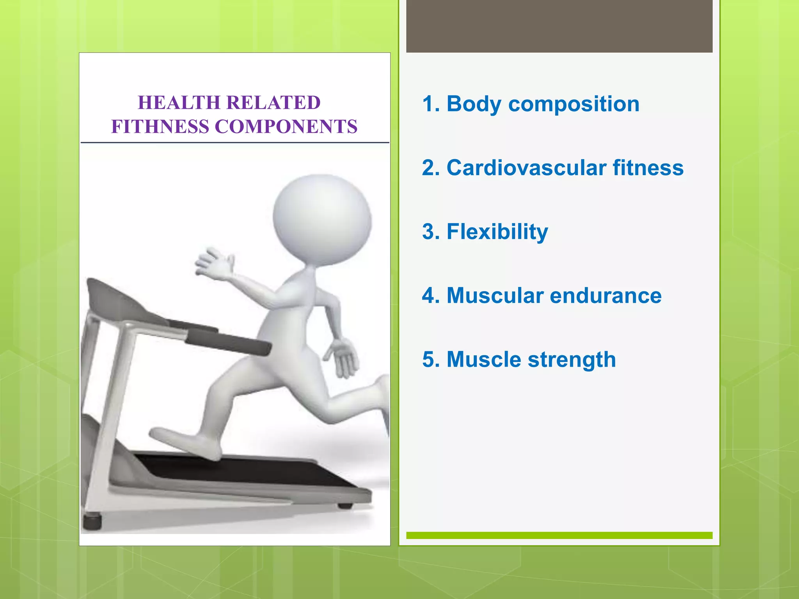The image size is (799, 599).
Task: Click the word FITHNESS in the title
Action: point(160,127)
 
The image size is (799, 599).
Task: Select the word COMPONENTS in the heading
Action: point(286,127)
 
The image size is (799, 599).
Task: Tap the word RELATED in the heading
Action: point(273,103)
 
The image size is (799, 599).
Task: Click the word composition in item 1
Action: point(574,105)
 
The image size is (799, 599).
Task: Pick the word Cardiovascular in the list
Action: point(526,168)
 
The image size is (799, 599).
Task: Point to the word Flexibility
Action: point(497,232)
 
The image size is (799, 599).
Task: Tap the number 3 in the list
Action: point(428,232)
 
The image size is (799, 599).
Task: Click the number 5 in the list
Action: point(428,360)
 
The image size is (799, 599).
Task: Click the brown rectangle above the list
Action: point(559,26)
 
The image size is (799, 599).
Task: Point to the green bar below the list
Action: point(559,535)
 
